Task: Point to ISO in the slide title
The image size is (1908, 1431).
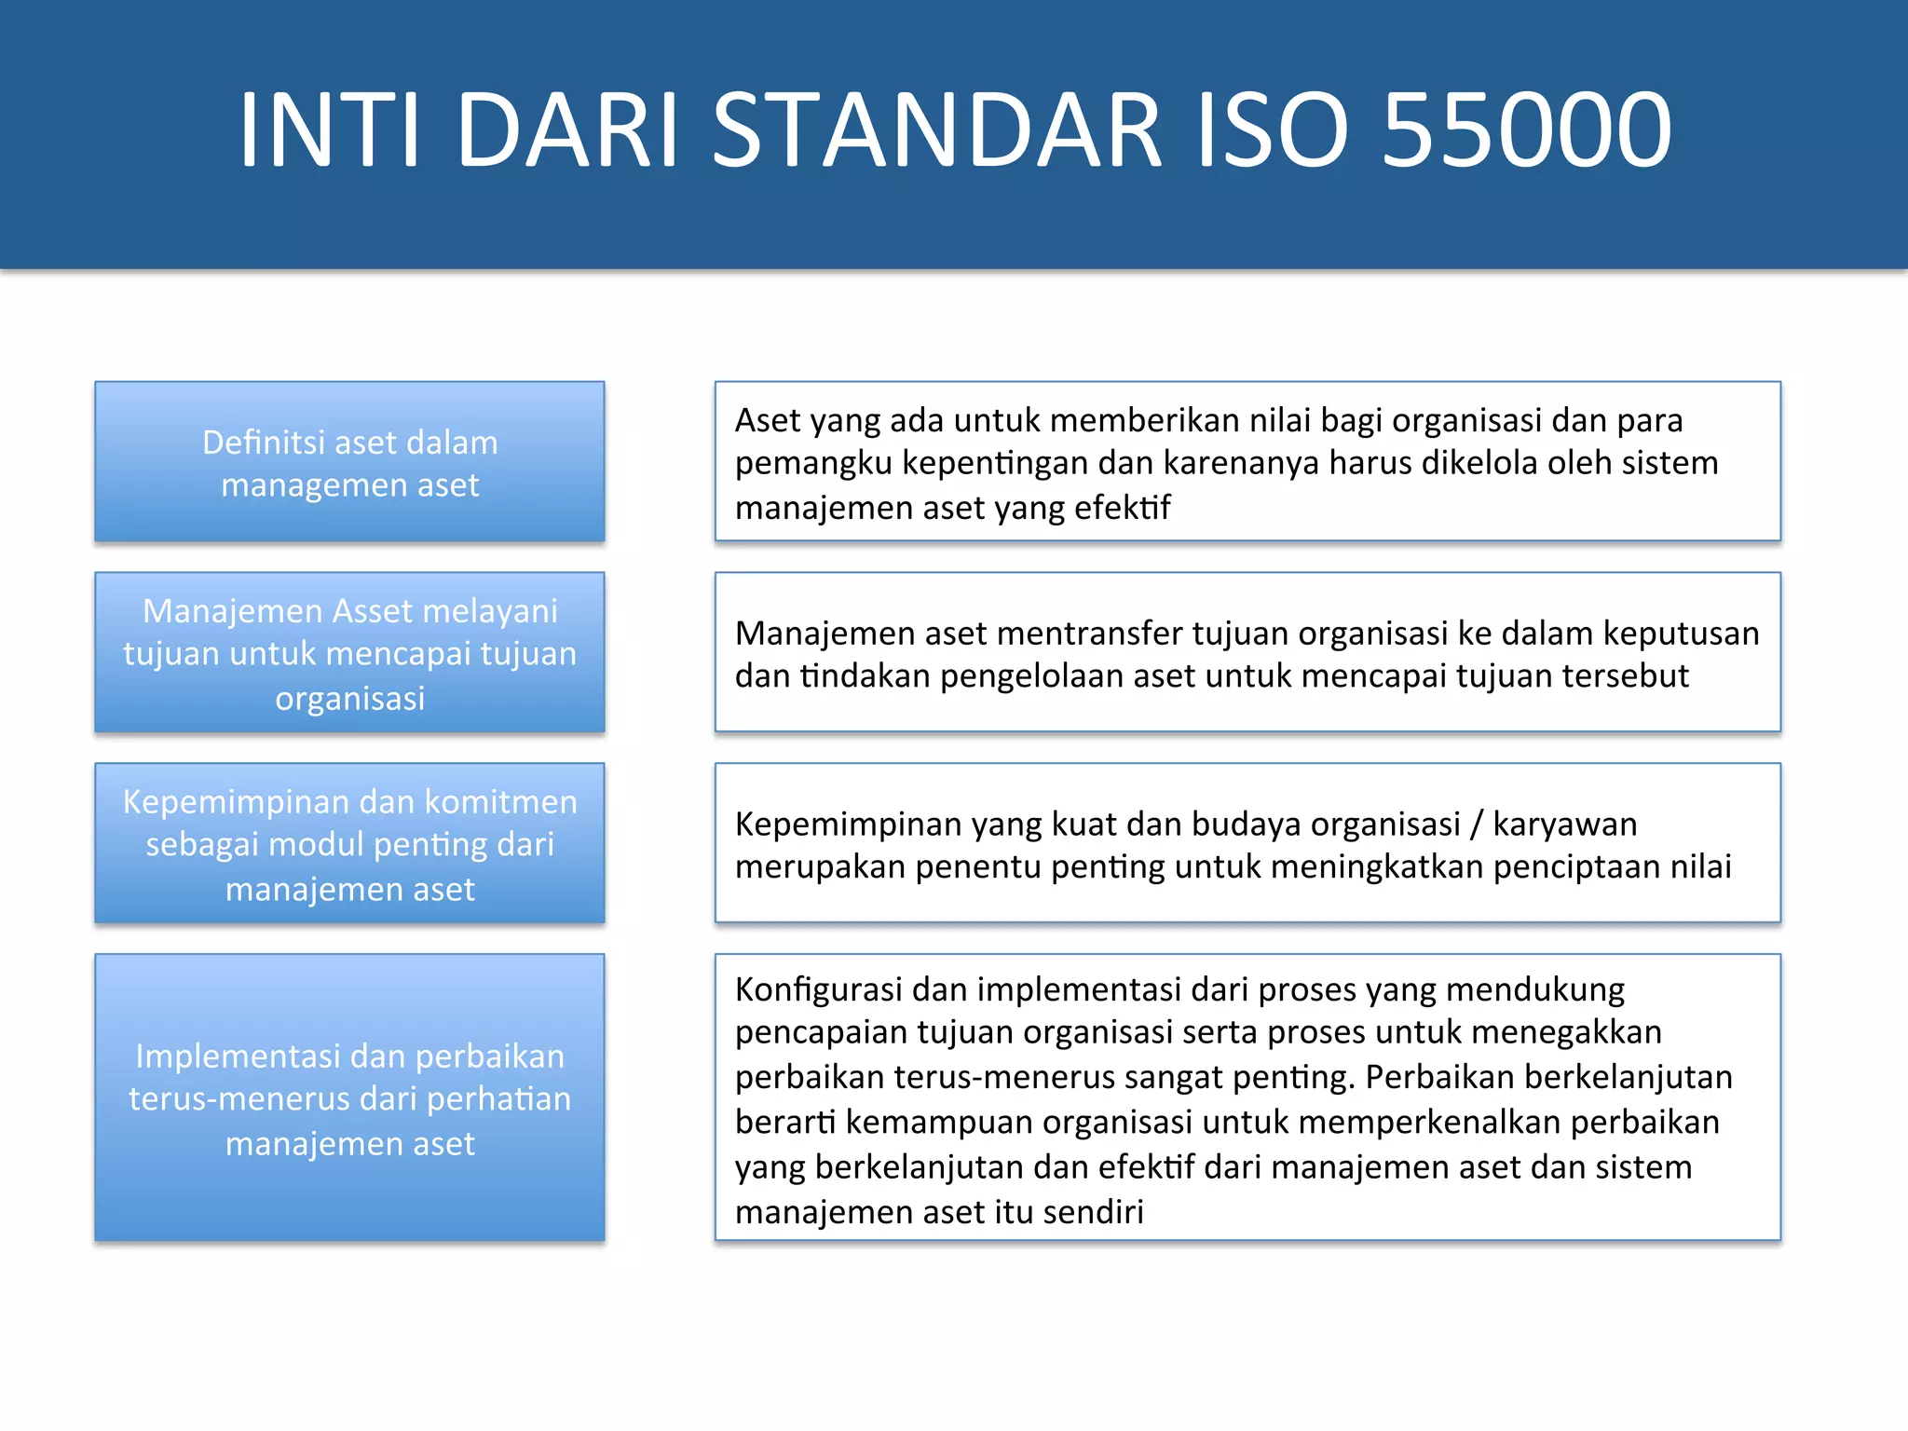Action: click(x=1272, y=129)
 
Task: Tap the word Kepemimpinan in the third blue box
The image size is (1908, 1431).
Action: click(x=233, y=802)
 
